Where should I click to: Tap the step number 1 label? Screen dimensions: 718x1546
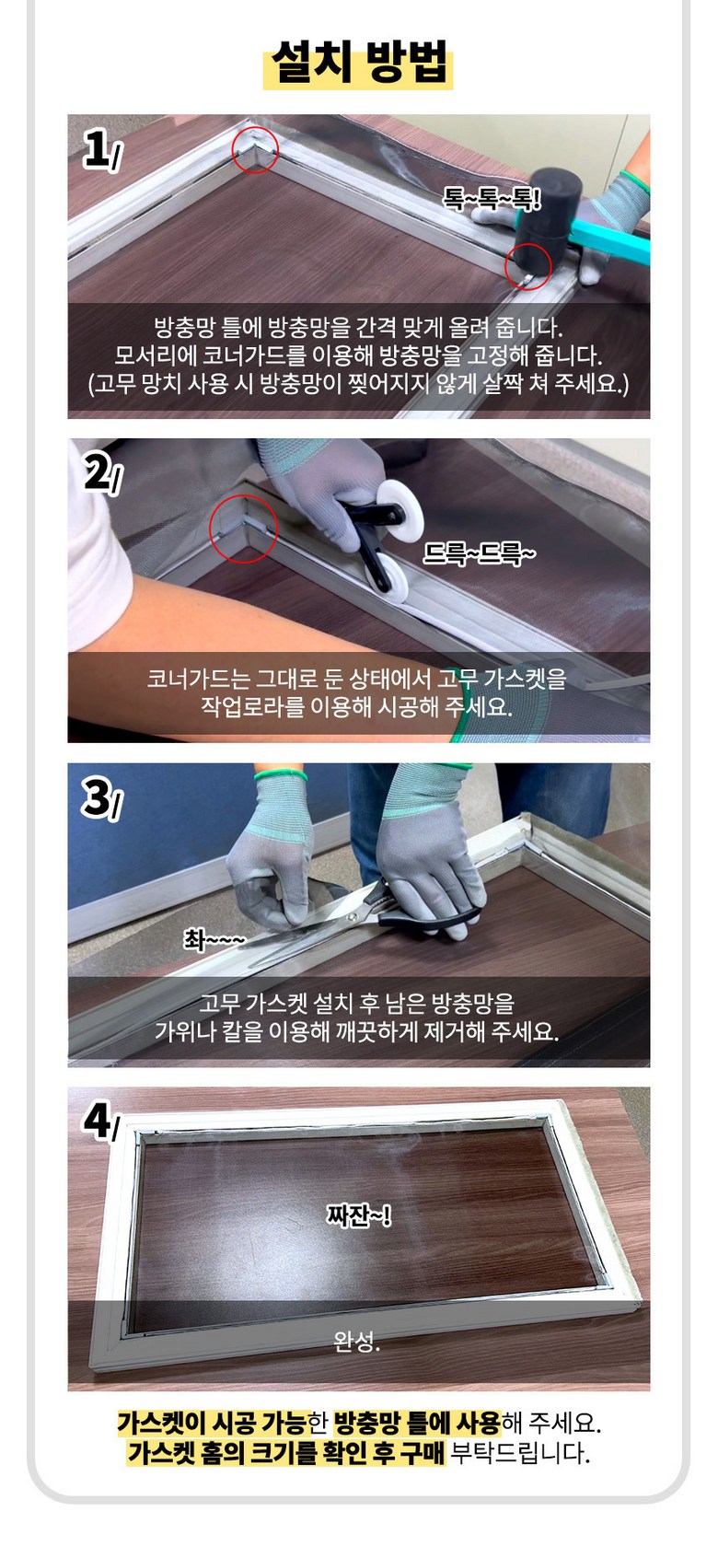point(100,150)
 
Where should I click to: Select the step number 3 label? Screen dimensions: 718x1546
point(103,799)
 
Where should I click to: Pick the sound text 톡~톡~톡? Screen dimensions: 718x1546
point(492,200)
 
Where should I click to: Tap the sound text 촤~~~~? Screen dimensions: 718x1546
point(214,938)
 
